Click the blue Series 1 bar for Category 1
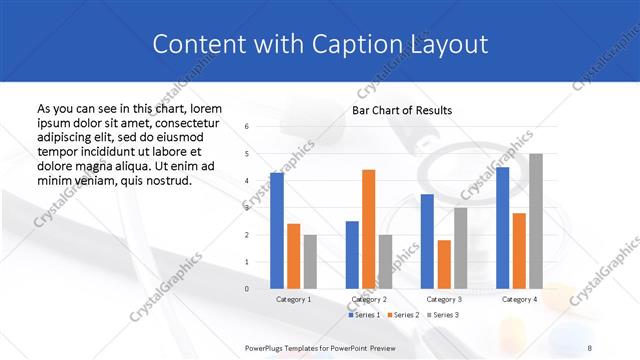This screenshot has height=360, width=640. click(x=277, y=231)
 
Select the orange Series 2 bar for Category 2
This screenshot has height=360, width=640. click(x=368, y=229)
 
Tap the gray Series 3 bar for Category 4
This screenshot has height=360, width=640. click(x=536, y=221)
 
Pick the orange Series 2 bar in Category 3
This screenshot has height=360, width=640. click(x=443, y=264)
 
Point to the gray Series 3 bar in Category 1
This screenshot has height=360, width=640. click(x=310, y=261)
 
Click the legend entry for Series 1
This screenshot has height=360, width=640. click(x=365, y=315)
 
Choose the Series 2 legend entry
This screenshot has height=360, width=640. click(x=402, y=315)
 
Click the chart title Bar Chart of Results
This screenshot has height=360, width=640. click(x=402, y=110)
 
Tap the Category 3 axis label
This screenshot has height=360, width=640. click(x=443, y=299)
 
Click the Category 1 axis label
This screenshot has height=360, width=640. click(x=293, y=299)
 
